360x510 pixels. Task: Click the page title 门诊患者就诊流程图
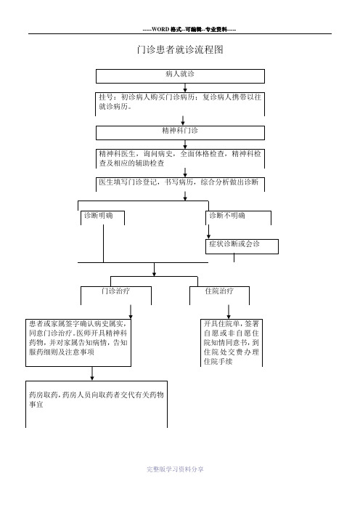[180, 49]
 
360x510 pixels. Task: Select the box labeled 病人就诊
[180, 76]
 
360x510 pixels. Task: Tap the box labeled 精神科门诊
[180, 133]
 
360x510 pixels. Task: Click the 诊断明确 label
[99, 215]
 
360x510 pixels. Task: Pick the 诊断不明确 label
[227, 215]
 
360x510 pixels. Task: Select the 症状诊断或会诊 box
[242, 246]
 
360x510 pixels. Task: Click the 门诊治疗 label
[115, 291]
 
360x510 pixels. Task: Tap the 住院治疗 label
[219, 291]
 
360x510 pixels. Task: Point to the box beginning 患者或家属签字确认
[78, 343]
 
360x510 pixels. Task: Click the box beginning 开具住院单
[232, 343]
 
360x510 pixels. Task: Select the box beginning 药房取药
[97, 404]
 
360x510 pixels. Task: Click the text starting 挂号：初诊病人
[180, 102]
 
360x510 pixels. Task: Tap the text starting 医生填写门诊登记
[179, 182]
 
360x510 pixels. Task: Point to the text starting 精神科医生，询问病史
[180, 158]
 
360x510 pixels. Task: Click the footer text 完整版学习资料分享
[175, 469]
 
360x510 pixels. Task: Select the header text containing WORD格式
[189, 30]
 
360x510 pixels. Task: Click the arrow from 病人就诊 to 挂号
[185, 87]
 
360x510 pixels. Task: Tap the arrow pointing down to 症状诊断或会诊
[208, 232]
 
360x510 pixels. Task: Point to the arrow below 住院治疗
[229, 312]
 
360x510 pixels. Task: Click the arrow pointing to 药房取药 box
[92, 373]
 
